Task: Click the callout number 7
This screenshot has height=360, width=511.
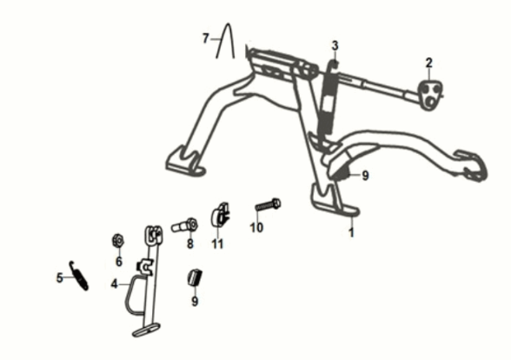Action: (x=205, y=38)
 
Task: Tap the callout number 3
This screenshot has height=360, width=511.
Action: (x=335, y=45)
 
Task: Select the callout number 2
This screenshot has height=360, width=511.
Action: (x=429, y=63)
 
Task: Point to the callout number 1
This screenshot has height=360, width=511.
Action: (x=351, y=232)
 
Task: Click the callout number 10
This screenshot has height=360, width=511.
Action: (x=256, y=227)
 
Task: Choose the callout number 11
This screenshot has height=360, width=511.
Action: (x=217, y=243)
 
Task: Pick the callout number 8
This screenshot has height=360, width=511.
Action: (x=190, y=243)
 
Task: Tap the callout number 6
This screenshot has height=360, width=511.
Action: (x=119, y=261)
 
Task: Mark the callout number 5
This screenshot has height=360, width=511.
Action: (x=60, y=278)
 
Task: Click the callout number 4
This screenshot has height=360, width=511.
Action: (x=114, y=284)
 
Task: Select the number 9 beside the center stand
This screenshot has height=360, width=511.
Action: (x=365, y=176)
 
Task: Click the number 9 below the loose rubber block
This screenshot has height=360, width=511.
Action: (x=195, y=301)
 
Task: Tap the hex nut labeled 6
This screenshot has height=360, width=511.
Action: (x=118, y=241)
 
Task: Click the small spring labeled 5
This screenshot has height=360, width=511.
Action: (x=78, y=276)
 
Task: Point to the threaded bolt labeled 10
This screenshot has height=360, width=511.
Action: (x=268, y=205)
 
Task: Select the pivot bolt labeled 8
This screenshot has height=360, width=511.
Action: (x=184, y=225)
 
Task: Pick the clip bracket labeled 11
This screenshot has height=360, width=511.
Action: (x=221, y=214)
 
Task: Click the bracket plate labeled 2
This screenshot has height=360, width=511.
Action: (x=430, y=94)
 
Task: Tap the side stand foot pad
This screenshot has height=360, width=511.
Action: (x=146, y=330)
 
